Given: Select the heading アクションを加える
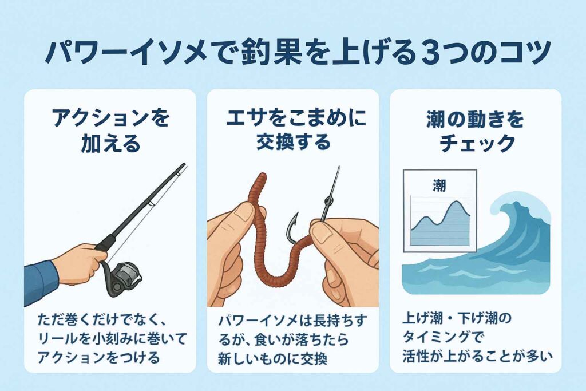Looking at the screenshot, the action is click(110, 131).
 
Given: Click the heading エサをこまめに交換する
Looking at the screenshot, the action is click(294, 130).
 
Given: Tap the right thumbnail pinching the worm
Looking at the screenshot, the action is click(322, 232).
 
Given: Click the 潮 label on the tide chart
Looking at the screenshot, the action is click(439, 185).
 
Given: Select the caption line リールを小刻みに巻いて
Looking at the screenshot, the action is click(112, 339).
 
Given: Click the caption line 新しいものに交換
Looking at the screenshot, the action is click(273, 358).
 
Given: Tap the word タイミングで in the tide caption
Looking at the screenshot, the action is click(444, 338).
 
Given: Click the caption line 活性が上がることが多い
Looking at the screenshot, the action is click(478, 356).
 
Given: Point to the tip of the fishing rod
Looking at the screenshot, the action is click(185, 164).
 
